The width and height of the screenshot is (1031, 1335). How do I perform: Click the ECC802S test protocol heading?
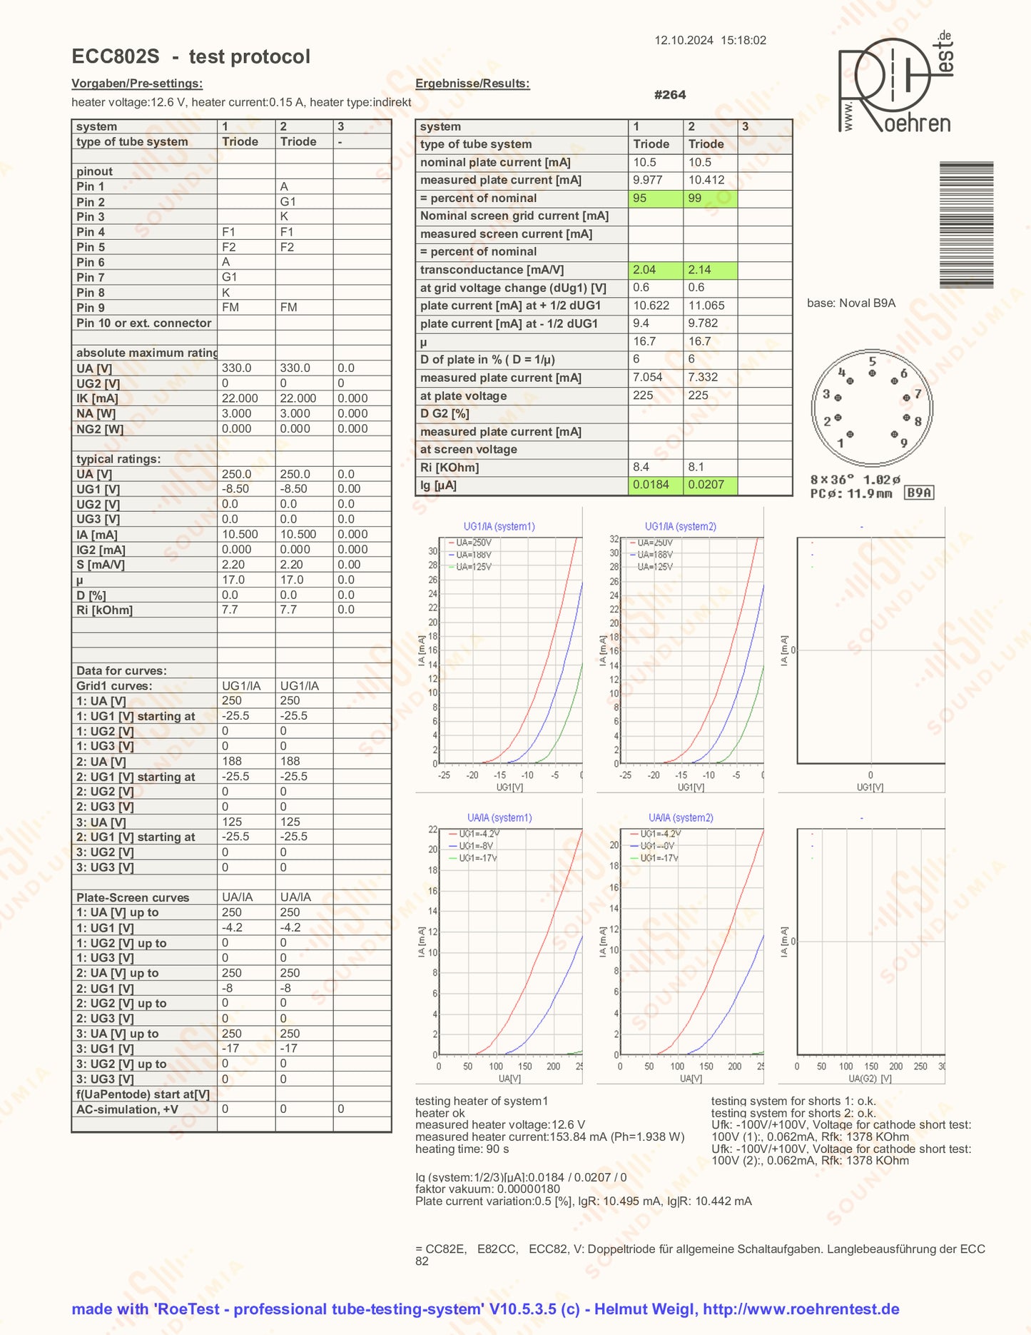191,56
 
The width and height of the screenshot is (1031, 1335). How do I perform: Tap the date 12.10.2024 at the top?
684,41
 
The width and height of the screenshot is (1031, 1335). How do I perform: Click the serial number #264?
670,95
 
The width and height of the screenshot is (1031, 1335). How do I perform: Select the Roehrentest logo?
895,84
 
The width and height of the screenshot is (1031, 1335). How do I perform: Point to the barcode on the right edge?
966,225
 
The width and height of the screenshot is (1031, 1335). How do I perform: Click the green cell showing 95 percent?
655,198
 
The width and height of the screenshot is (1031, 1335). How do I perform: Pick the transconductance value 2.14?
710,270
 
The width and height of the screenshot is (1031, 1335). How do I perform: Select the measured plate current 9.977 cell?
655,181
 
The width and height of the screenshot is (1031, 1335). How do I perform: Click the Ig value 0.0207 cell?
710,485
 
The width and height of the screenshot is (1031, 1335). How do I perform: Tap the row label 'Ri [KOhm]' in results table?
450,468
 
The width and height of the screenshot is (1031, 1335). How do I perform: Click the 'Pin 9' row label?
91,308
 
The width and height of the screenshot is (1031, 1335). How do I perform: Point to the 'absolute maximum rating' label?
146,353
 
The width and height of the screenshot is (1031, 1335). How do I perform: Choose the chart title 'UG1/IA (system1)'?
499,527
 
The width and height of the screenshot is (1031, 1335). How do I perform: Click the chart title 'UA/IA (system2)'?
681,818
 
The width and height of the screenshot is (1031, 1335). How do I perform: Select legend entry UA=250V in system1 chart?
473,543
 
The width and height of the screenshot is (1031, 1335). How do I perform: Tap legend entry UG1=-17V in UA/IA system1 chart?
477,858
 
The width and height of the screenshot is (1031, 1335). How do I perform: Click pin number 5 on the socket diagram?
872,361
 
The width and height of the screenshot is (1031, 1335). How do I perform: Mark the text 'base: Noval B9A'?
851,303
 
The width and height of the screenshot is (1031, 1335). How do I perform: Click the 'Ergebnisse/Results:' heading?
472,84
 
